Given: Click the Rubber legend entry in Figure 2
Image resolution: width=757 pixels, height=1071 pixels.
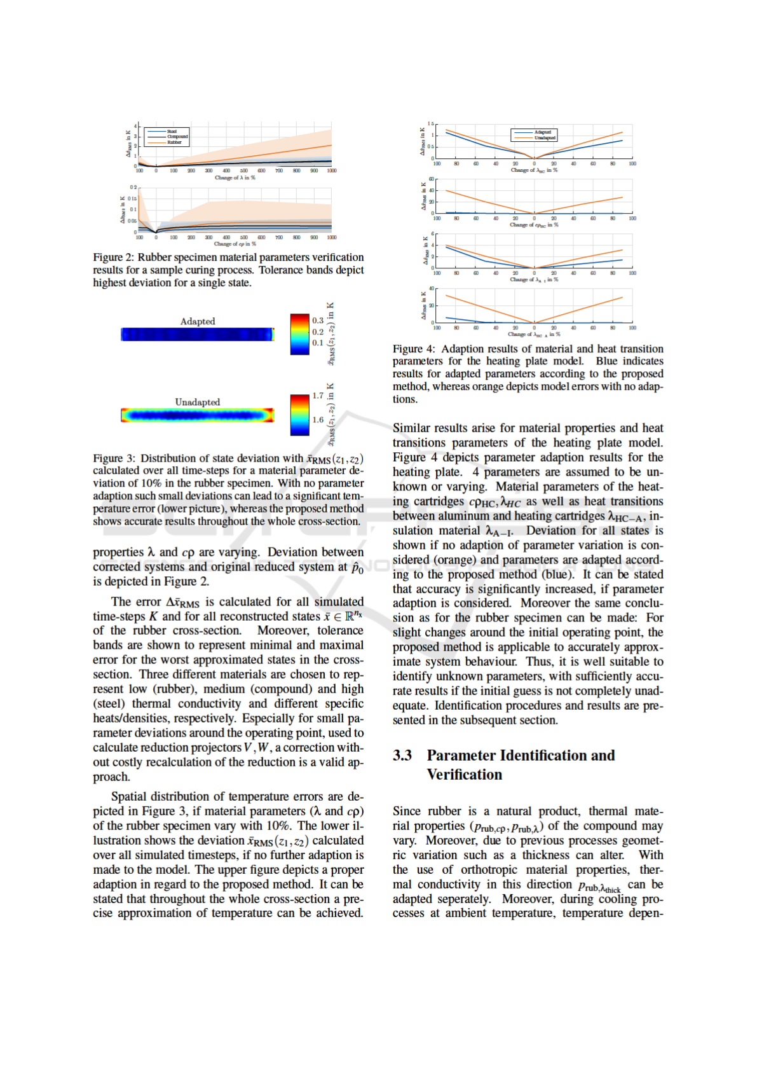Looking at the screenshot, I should coord(174,142).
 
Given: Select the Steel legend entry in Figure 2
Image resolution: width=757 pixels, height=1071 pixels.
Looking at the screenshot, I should coord(172,131).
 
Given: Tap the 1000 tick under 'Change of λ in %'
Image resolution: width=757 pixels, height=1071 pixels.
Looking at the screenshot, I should coord(331,170).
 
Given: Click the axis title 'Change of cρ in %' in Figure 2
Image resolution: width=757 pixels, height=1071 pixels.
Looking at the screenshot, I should coord(235,244).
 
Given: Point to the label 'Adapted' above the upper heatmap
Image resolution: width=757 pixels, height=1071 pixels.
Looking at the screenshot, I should coord(198,321).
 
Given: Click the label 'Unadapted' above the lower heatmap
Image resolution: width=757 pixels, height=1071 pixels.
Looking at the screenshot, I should coord(198,402).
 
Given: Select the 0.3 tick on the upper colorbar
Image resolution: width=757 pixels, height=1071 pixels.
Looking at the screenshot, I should coord(318,321).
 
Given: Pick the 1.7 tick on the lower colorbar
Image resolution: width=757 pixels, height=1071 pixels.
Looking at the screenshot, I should coord(318,396).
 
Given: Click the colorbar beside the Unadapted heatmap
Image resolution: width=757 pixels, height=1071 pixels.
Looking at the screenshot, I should coord(299,415).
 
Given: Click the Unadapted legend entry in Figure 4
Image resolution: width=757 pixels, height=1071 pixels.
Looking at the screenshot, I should coord(545,137).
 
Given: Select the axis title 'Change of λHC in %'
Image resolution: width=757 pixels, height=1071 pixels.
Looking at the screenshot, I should coord(534,170).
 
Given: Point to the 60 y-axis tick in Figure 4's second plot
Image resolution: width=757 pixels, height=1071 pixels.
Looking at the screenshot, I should coord(432,179).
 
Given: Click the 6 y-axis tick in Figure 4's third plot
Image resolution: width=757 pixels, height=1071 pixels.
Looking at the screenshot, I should coord(433,234).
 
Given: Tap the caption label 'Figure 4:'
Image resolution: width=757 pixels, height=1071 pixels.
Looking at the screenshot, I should coord(414,349).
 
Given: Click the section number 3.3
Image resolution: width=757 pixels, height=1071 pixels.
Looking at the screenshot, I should coord(402,756).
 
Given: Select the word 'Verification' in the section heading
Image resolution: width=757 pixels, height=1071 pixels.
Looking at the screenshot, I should coord(464,775).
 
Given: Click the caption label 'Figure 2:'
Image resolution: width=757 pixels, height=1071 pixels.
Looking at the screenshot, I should coord(114,258).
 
